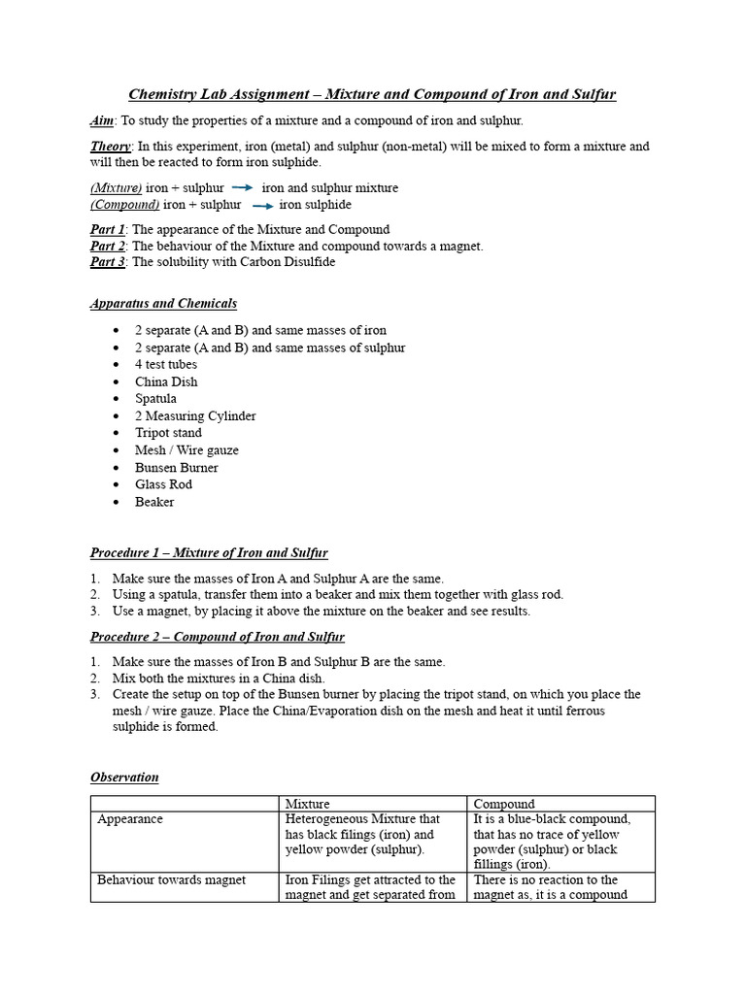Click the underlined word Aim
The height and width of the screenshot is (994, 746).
click(x=102, y=120)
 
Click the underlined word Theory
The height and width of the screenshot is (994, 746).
click(x=111, y=147)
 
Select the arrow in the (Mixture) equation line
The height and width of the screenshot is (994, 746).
click(x=243, y=187)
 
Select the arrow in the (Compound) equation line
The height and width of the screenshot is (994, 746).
click(x=262, y=206)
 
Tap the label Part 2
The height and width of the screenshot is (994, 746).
click(x=108, y=247)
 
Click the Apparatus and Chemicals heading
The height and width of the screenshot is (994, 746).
click(x=163, y=304)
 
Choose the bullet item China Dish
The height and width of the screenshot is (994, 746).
click(x=166, y=381)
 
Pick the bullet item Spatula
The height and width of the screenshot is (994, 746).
click(x=155, y=399)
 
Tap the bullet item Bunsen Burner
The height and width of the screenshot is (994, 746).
click(x=177, y=468)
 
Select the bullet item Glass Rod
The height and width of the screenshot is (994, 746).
click(x=163, y=484)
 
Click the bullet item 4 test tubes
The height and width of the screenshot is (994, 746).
click(x=166, y=365)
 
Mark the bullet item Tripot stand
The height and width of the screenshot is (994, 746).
click(x=169, y=433)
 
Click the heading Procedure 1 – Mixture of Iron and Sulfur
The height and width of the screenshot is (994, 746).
click(x=209, y=553)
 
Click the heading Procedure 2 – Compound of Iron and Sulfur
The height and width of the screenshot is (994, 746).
click(x=218, y=637)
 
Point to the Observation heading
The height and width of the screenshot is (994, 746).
click(x=124, y=778)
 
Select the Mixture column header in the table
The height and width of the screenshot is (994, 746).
click(x=307, y=804)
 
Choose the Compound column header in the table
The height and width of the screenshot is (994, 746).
click(x=503, y=804)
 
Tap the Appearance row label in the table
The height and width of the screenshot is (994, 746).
click(x=130, y=819)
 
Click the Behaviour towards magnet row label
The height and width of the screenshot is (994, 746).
click(x=171, y=880)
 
